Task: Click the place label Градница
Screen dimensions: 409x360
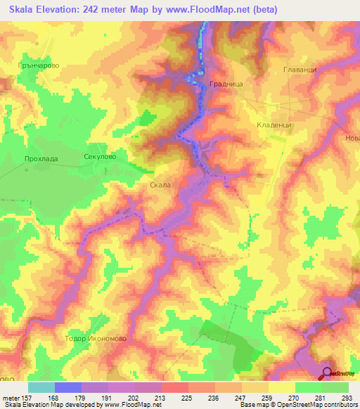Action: [226, 83]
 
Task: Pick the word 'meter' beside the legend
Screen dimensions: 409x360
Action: [11, 396]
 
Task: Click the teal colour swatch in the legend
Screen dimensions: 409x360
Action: [41, 387]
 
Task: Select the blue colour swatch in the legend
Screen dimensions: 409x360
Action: [68, 387]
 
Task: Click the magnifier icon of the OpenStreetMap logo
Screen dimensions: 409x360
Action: [327, 373]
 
